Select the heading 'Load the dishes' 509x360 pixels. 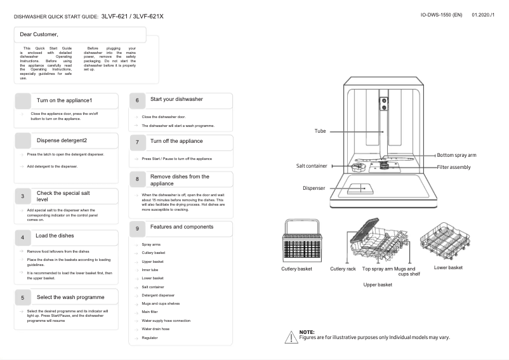(55, 236)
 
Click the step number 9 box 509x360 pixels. (137, 228)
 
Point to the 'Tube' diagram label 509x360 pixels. (320, 131)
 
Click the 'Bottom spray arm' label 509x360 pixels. (456, 155)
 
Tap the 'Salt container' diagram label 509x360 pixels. (312, 166)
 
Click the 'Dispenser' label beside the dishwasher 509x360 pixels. (314, 188)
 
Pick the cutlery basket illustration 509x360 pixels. (297, 241)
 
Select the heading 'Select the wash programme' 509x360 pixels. (70, 297)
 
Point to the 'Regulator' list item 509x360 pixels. (150, 338)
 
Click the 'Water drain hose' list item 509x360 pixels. (155, 329)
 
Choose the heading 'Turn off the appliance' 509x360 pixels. (176, 141)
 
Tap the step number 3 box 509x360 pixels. (22, 197)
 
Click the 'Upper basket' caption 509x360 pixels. (378, 284)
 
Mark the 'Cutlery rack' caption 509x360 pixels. (343, 269)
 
